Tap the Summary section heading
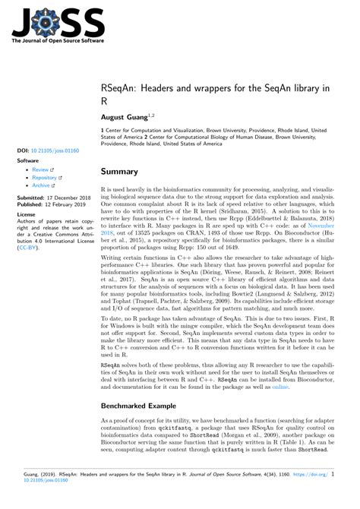click(120, 172)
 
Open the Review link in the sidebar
click(41, 169)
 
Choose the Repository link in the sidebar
click(46, 179)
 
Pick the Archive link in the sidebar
click(43, 187)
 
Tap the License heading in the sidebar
click(27, 217)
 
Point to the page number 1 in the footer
click(353, 494)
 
